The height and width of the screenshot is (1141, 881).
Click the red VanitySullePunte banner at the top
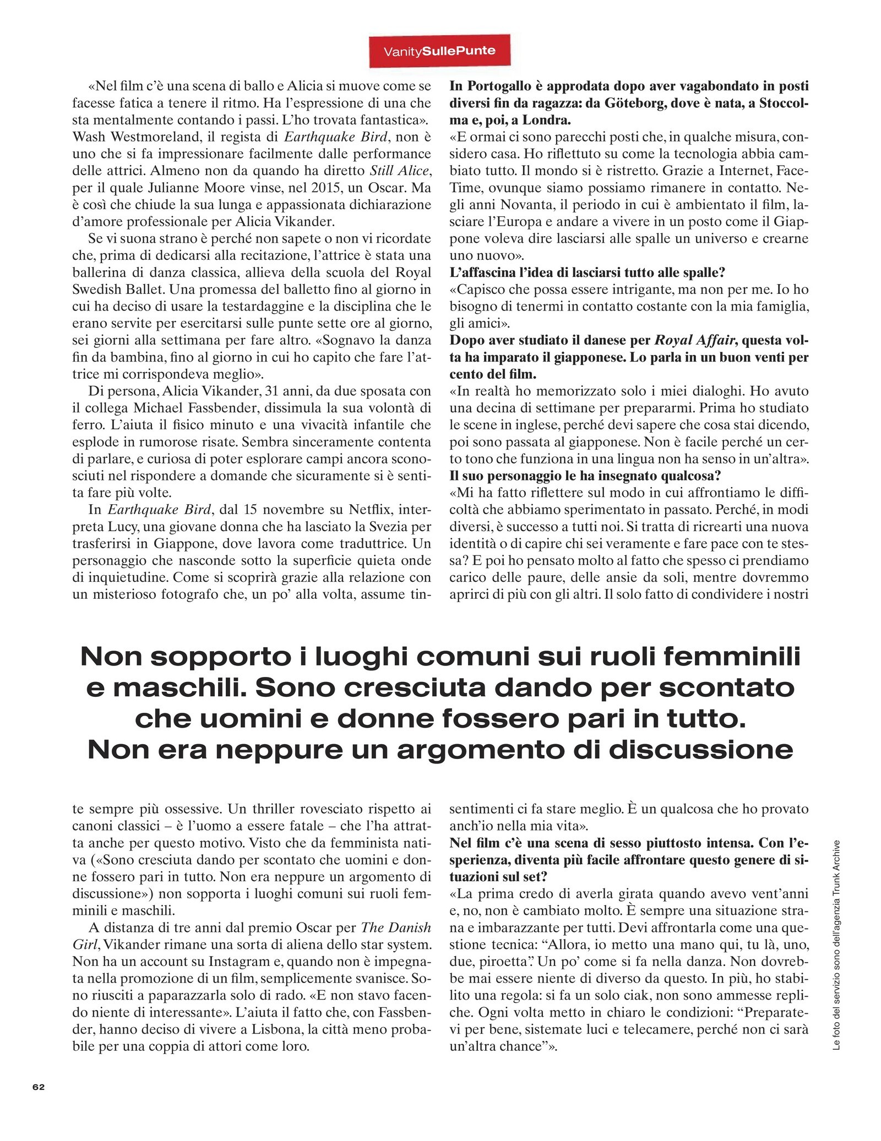tap(439, 51)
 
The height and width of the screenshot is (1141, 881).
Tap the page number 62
tap(39, 1087)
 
